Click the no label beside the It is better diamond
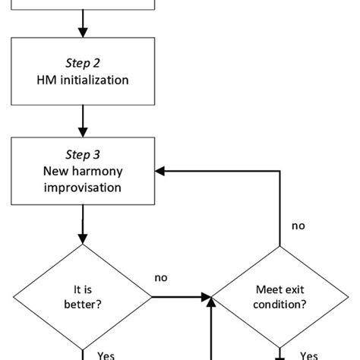[161, 278]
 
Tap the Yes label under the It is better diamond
[106, 353]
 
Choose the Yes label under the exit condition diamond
[309, 353]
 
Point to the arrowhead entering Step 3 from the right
[162, 171]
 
